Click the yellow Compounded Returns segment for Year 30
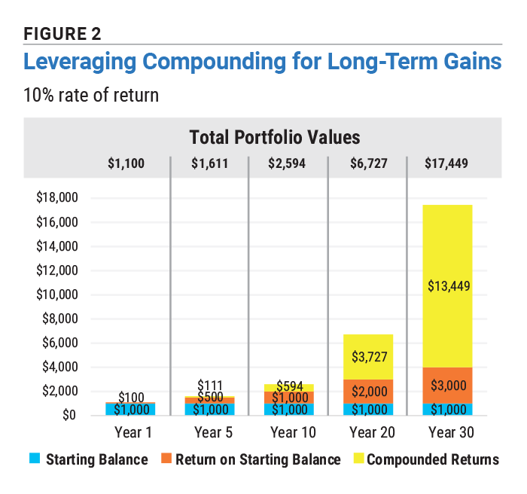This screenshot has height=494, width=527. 447,286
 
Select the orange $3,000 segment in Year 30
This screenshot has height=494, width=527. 447,385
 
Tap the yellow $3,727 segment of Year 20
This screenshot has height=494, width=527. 368,357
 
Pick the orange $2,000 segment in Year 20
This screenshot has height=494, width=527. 368,391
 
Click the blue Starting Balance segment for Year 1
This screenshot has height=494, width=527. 131,409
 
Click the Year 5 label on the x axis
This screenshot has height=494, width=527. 210,432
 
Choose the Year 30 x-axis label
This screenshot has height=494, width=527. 447,432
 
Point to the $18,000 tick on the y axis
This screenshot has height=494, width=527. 59,199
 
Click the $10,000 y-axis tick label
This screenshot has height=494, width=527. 59,295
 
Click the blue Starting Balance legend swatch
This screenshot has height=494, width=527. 35,459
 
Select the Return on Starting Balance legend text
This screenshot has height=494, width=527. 257,459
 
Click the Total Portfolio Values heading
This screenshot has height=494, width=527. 274,137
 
